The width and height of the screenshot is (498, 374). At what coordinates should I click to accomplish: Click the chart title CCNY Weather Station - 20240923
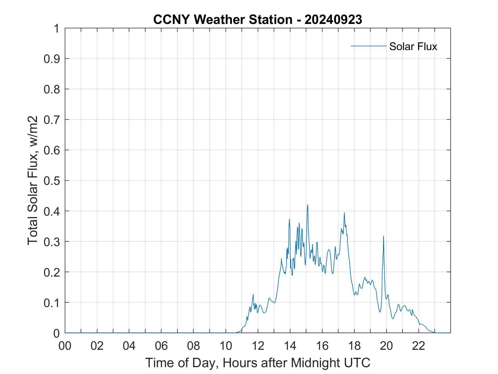click(x=258, y=19)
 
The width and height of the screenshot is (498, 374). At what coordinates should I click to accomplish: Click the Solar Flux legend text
click(x=413, y=46)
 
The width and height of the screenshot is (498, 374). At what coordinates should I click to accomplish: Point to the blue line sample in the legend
click(x=368, y=46)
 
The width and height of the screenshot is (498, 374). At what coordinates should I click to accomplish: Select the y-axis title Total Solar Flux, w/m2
click(x=33, y=180)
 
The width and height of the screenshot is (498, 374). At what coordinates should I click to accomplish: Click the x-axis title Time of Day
click(x=258, y=363)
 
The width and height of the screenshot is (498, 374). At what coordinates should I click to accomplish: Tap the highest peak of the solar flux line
click(x=308, y=205)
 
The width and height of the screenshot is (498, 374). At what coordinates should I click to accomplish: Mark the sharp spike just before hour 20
click(x=383, y=236)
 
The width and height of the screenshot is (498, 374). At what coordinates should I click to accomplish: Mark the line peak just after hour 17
click(x=344, y=213)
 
